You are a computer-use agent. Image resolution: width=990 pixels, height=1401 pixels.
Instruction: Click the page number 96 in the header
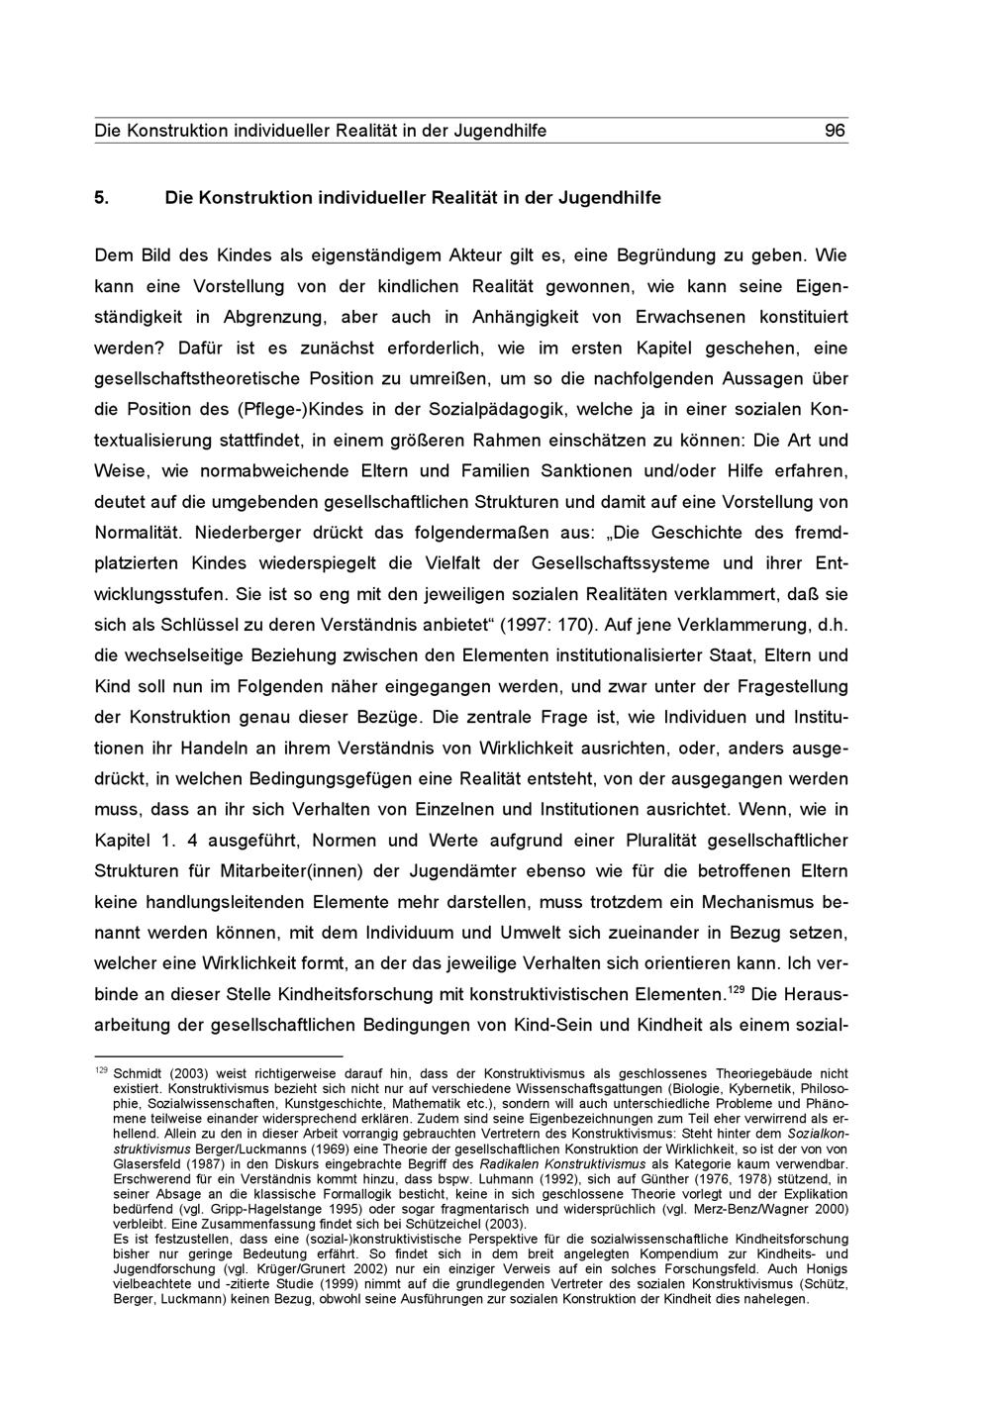835,131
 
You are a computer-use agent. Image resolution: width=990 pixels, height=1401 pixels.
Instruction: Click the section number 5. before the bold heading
101,197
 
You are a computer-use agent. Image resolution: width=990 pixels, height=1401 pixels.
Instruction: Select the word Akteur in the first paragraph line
451,255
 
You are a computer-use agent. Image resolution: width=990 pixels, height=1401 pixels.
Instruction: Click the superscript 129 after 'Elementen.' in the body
736,990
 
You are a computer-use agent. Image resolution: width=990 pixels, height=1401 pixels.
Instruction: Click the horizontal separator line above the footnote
218,1057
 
